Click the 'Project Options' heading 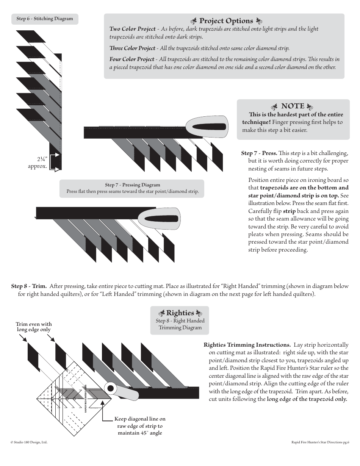pyautogui.click(x=226, y=21)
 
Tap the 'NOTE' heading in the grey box pyautogui.click(x=293, y=106)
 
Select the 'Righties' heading pyautogui.click(x=180, y=313)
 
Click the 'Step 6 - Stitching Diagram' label pyautogui.click(x=45, y=19)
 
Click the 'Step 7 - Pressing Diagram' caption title pyautogui.click(x=132, y=185)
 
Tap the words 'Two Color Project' pyautogui.click(x=132, y=29)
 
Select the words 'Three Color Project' pyautogui.click(x=132, y=48)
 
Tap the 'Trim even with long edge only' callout pyautogui.click(x=34, y=327)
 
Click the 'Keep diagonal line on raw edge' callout pyautogui.click(x=140, y=426)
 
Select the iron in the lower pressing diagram pyautogui.click(x=159, y=219)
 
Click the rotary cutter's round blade pyautogui.click(x=110, y=388)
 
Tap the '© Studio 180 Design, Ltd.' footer pyautogui.click(x=29, y=442)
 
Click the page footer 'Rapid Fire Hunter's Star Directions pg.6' pyautogui.click(x=320, y=442)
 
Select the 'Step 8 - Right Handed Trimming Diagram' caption pyautogui.click(x=180, y=324)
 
